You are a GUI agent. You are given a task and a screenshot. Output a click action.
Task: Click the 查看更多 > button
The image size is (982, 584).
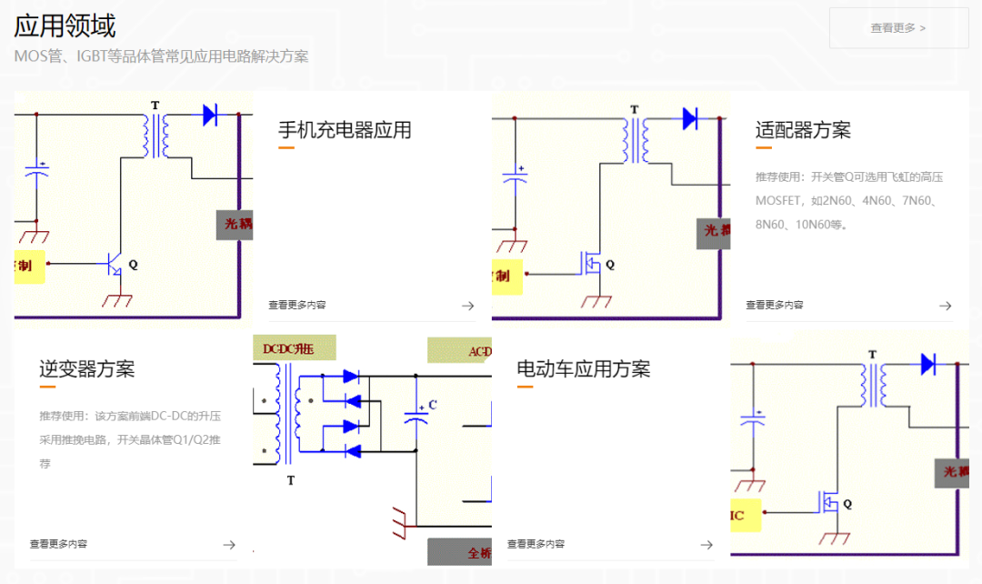[898, 28]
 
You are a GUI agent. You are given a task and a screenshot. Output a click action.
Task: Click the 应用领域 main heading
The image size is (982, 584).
[65, 25]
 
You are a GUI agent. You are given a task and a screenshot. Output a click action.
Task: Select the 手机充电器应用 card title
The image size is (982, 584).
[345, 130]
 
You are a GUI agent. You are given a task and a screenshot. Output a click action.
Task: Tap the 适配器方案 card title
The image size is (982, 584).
[803, 130]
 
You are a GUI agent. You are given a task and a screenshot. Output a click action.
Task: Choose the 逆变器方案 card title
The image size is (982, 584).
[86, 369]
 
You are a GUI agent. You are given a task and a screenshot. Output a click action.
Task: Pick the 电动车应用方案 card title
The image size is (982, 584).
[584, 369]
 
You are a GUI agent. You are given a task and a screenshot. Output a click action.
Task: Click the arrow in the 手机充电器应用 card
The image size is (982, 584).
[467, 306]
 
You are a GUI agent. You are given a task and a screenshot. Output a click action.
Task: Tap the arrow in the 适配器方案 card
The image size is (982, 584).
[945, 306]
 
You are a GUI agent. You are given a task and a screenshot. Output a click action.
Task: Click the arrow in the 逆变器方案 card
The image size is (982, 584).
[229, 545]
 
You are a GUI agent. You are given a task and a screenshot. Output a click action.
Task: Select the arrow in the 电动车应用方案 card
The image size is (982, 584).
[706, 545]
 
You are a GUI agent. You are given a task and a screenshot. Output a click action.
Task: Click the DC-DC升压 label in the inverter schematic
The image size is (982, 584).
[295, 348]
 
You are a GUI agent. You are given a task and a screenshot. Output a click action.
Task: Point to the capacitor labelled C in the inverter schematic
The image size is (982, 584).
[417, 417]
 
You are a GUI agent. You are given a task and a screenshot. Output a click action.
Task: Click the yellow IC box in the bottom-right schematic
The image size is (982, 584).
[745, 515]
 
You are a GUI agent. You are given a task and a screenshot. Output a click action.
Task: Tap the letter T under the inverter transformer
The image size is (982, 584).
[291, 480]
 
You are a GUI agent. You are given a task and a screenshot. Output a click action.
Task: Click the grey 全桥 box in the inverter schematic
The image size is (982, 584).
[460, 551]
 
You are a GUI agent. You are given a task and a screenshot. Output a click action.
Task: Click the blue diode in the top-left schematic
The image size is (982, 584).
[210, 115]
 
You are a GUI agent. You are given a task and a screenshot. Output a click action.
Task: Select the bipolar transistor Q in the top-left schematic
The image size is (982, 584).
[115, 265]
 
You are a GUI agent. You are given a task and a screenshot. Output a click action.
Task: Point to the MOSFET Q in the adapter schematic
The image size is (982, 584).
[592, 264]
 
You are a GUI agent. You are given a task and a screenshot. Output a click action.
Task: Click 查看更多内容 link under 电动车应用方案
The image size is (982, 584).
[536, 544]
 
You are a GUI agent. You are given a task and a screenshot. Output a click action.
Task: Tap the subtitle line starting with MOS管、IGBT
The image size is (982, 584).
[162, 56]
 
